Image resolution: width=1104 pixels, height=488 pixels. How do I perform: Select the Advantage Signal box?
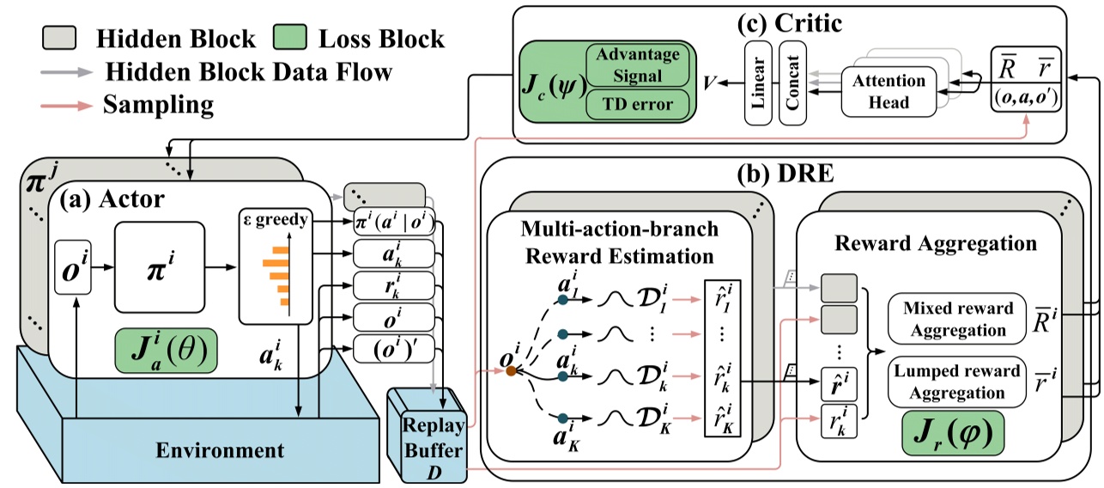[x=637, y=65]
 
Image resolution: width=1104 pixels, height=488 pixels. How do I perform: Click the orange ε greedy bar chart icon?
[x=274, y=271]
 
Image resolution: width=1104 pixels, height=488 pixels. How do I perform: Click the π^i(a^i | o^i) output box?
[x=393, y=225]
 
